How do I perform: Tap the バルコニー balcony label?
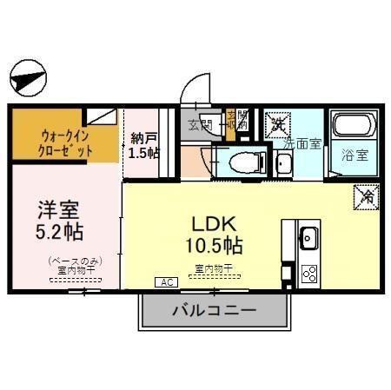click(213, 310)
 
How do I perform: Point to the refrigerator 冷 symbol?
click(364, 197)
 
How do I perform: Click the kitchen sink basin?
click(308, 237)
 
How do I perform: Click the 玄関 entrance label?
click(199, 124)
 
